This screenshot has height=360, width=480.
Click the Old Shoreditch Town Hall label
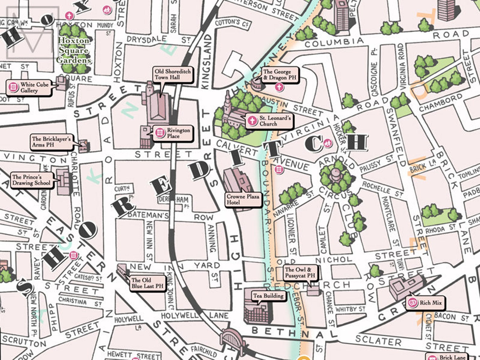pyautogui.click(x=173, y=74)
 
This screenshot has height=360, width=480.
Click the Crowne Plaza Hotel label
pyautogui.click(x=243, y=199)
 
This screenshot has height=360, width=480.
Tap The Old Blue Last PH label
pyautogui.click(x=148, y=283)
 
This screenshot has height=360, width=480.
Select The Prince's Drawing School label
pyautogui.click(x=31, y=180)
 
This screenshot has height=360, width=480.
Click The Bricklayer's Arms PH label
pyautogui.click(x=51, y=142)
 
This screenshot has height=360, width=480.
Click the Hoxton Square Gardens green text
pyautogui.click(x=74, y=50)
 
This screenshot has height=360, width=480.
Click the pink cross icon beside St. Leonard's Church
pyautogui.click(x=252, y=121)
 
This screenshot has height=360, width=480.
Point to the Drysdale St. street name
pyautogui.click(x=158, y=39)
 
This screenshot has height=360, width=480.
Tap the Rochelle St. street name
pyautogui.click(x=382, y=188)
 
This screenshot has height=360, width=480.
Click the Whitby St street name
pyautogui.click(x=350, y=309)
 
